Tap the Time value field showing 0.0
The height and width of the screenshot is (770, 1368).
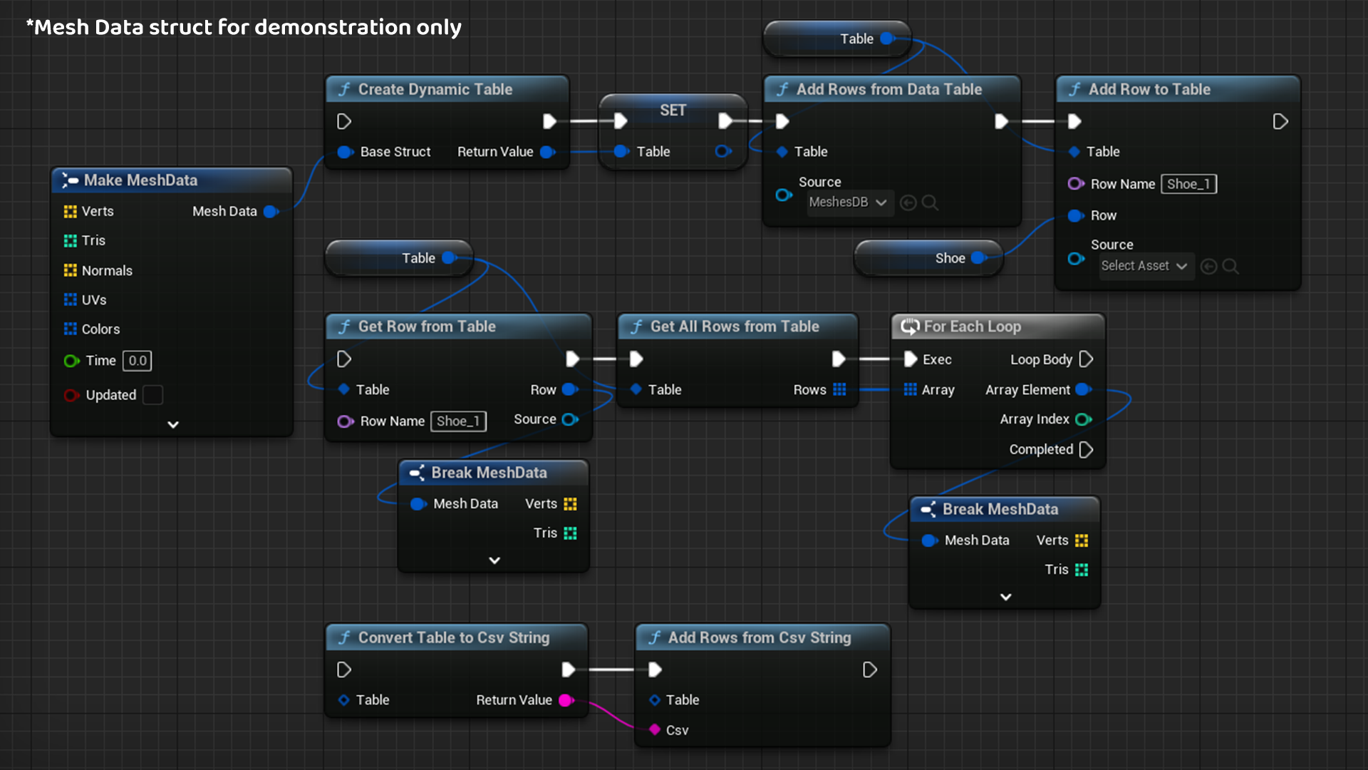pos(138,361)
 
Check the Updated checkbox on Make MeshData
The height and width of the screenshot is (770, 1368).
pos(152,395)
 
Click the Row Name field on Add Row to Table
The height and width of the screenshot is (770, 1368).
pos(1188,184)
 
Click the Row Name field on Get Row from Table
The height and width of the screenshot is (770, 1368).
pos(458,421)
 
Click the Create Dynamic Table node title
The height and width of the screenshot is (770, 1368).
pos(435,89)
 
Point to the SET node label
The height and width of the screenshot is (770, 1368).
pos(673,111)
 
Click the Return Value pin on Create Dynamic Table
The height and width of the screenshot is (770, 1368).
pos(547,152)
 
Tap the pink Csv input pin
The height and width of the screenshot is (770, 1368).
pos(655,729)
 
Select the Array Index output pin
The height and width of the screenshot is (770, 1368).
pos(1083,419)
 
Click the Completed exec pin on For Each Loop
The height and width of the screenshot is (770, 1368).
pos(1086,449)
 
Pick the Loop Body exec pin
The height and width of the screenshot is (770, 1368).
pos(1086,359)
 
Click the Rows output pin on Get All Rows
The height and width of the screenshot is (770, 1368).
pos(839,389)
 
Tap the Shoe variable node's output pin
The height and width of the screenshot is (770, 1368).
pos(978,258)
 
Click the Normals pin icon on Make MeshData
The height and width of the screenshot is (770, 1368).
pos(70,270)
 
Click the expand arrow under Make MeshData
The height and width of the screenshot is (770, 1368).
pos(172,424)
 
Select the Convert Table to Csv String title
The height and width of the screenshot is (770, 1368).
pos(453,637)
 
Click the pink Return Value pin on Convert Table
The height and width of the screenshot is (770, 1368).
pos(566,700)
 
